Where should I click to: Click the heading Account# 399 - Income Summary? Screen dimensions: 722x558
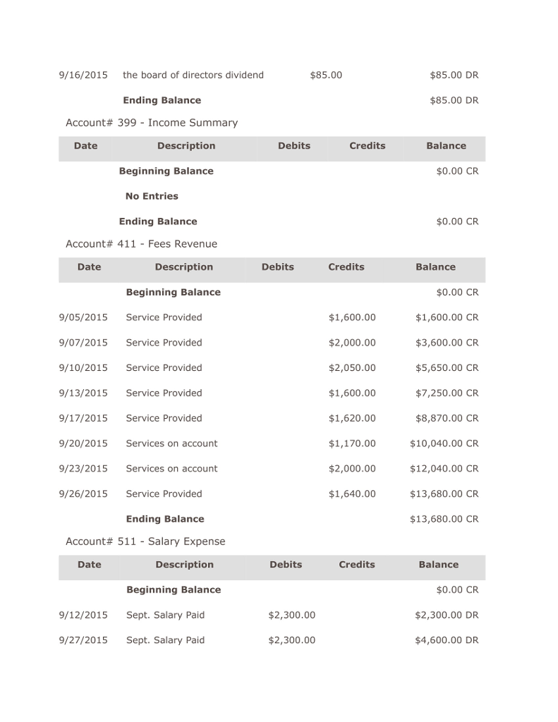(151, 123)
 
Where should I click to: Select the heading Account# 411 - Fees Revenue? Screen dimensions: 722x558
(141, 244)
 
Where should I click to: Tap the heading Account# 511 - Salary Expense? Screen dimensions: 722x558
(145, 541)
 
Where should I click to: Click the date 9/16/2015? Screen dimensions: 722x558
(83, 75)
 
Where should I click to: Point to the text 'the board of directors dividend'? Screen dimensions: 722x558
(193, 75)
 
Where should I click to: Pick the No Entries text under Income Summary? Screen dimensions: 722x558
(152, 196)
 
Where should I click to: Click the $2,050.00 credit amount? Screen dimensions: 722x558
(352, 368)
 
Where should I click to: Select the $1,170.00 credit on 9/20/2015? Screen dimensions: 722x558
(352, 443)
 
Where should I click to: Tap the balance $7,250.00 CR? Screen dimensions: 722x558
(447, 393)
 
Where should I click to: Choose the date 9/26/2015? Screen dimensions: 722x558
(83, 494)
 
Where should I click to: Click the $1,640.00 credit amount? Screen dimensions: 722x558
(352, 494)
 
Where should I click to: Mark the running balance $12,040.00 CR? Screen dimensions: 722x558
(444, 468)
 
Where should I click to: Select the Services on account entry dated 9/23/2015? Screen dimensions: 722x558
(171, 468)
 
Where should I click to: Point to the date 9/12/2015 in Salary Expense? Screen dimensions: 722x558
(83, 615)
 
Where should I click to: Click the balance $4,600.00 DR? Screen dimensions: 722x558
(447, 640)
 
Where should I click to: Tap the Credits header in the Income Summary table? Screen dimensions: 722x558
(368, 146)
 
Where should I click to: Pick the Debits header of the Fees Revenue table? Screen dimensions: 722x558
(278, 267)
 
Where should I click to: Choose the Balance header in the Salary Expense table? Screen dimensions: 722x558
(439, 565)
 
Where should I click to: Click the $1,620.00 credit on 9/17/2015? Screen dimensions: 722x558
(352, 418)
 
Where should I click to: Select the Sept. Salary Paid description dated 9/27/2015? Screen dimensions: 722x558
(165, 640)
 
